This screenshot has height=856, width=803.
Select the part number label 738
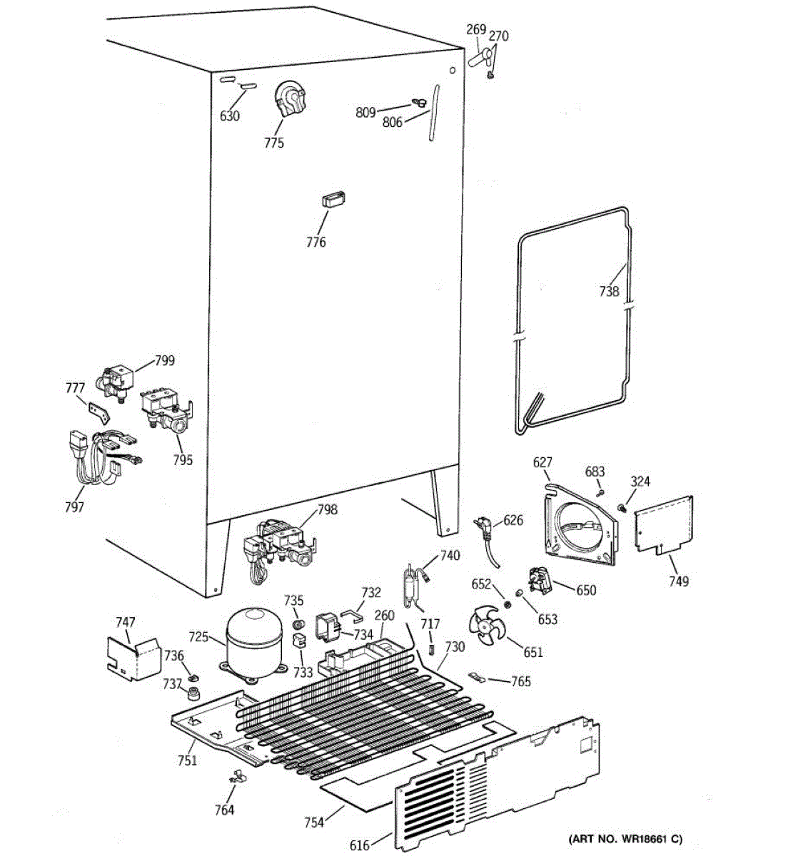609,291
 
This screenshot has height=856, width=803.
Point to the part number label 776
316,243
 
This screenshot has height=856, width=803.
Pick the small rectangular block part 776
334,200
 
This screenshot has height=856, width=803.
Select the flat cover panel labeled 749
664,524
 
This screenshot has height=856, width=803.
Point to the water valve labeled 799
115,383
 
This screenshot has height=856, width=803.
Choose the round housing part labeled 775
290,98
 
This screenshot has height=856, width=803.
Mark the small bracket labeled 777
99,412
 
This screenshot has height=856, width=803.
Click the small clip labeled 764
237,776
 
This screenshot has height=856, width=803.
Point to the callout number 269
476,30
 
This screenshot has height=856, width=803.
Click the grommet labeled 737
193,693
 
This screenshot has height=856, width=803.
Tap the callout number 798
328,510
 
